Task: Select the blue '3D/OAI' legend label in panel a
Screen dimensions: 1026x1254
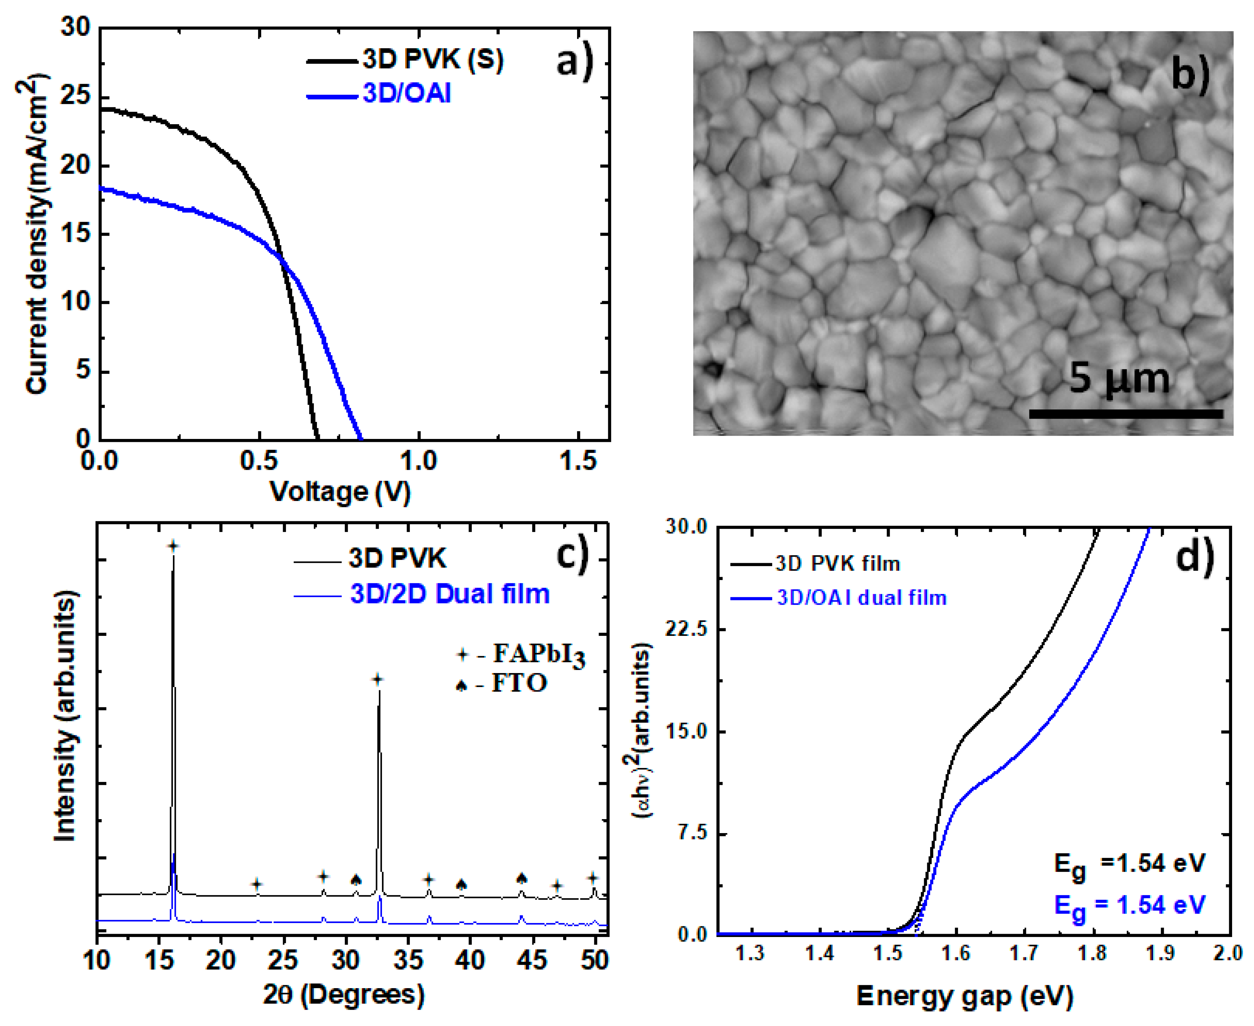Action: pyautogui.click(x=407, y=93)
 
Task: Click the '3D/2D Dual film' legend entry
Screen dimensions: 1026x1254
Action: pyautogui.click(x=450, y=594)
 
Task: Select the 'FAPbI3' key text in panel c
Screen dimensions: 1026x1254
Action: pyautogui.click(x=539, y=654)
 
